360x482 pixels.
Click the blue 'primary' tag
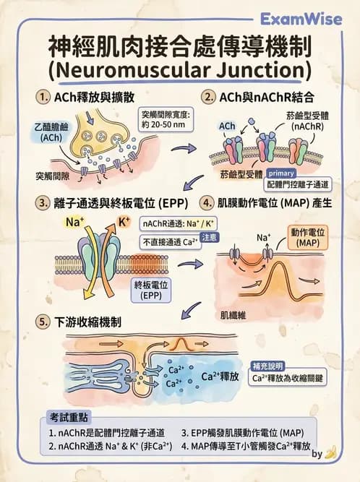(281, 173)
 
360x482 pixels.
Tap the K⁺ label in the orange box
(124, 221)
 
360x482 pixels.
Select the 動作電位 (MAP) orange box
(308, 237)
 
